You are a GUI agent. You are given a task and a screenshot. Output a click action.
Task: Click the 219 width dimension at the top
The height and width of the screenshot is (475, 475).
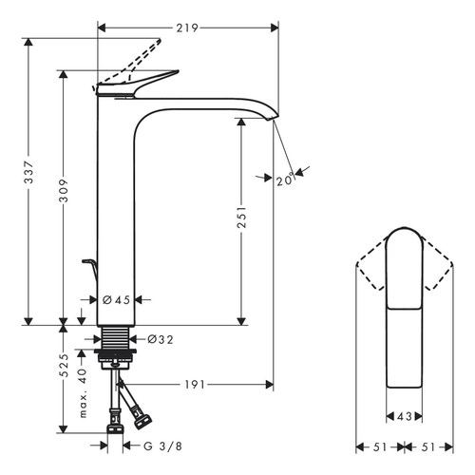(186, 28)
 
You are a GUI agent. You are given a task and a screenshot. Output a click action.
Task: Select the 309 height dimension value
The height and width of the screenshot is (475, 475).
(64, 196)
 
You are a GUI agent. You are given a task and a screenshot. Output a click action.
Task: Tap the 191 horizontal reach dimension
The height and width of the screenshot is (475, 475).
(196, 384)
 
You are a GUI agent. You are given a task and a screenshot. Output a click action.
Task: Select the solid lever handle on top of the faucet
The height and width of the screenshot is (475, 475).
(142, 84)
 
